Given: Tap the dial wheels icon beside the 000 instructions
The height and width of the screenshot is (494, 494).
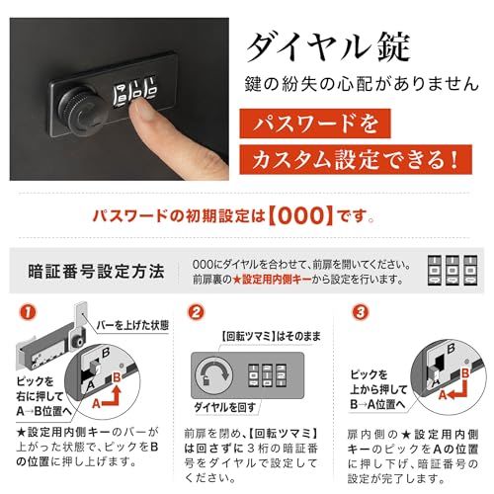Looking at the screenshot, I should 449,271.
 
